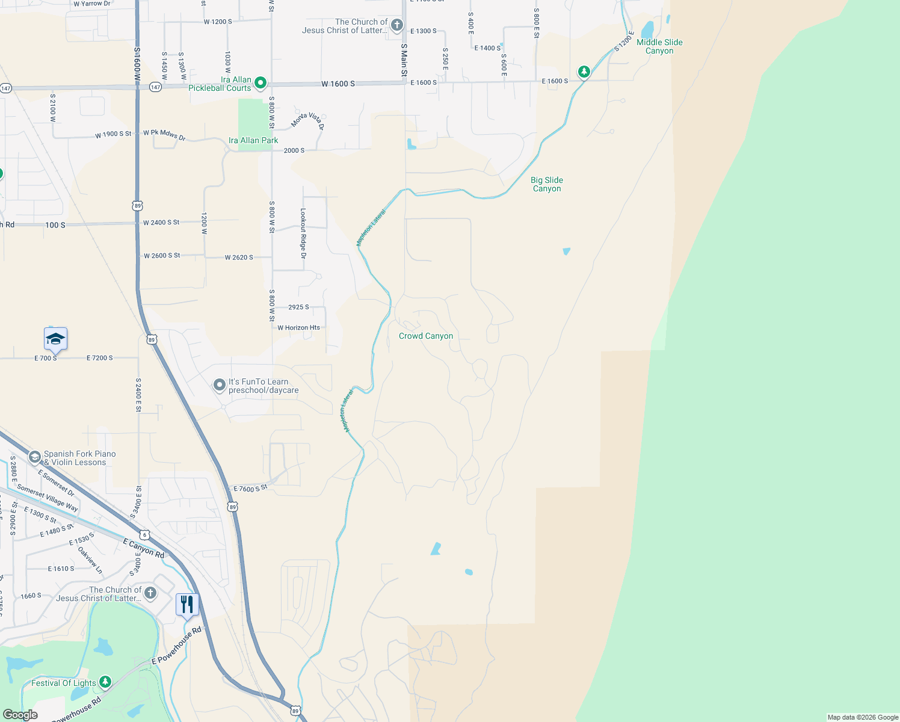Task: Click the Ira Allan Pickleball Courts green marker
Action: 260,83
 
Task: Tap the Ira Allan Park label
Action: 253,140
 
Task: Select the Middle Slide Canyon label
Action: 659,46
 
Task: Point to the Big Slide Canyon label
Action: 547,184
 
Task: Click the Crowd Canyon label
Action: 426,336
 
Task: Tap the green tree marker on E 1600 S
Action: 584,72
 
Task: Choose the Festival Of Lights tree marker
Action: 105,682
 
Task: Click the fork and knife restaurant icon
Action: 187,604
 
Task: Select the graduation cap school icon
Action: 55,339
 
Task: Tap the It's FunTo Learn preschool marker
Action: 220,384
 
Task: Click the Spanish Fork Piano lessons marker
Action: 35,458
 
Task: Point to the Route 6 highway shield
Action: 144,535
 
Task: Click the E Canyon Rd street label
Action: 143,548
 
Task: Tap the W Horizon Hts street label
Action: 298,328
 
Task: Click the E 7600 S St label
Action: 250,489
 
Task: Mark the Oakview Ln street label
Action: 90,560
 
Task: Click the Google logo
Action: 20,715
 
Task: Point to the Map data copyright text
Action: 862,717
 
